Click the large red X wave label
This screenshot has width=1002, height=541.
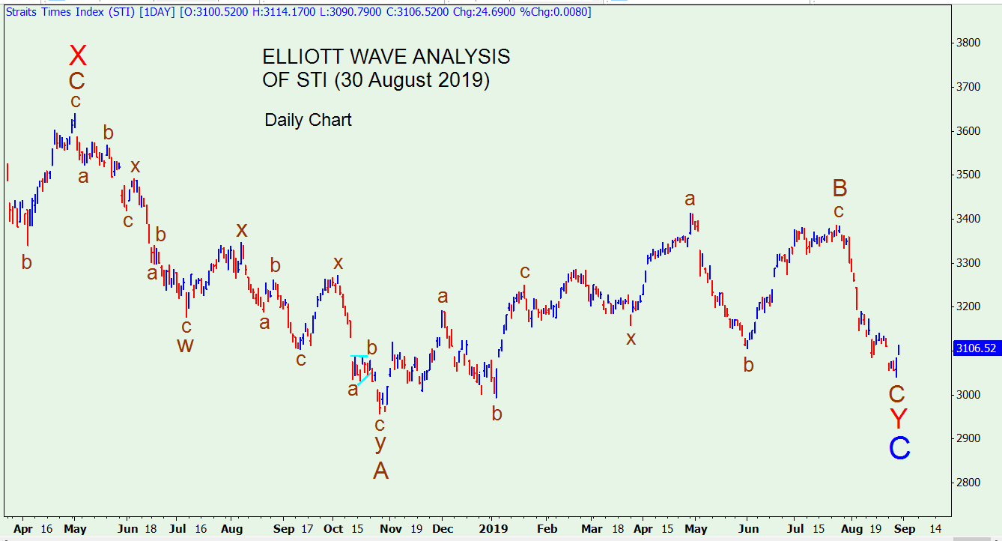[x=78, y=55]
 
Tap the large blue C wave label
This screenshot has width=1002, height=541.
[x=899, y=448]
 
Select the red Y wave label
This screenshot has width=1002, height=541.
[x=898, y=418]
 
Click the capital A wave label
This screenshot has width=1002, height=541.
[x=380, y=471]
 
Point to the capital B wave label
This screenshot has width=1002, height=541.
[x=839, y=188]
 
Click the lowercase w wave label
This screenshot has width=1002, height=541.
[x=185, y=345]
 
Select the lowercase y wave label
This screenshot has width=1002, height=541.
[x=380, y=443]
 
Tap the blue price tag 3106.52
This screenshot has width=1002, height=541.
[x=976, y=348]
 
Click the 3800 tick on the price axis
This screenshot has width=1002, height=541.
[x=968, y=43]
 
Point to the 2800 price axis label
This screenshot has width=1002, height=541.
[x=968, y=483]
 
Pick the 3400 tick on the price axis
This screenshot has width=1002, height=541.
[x=968, y=219]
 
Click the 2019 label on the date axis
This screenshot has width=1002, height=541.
[x=494, y=529]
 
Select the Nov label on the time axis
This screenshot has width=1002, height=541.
[x=390, y=529]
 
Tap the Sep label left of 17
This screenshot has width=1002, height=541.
[x=284, y=529]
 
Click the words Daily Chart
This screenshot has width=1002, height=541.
[x=309, y=120]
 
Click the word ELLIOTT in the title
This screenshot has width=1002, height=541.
[x=303, y=57]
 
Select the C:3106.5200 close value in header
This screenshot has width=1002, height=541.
[x=417, y=12]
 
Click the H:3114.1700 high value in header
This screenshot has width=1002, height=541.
[x=284, y=12]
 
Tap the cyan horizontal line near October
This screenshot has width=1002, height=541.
[x=359, y=356]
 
